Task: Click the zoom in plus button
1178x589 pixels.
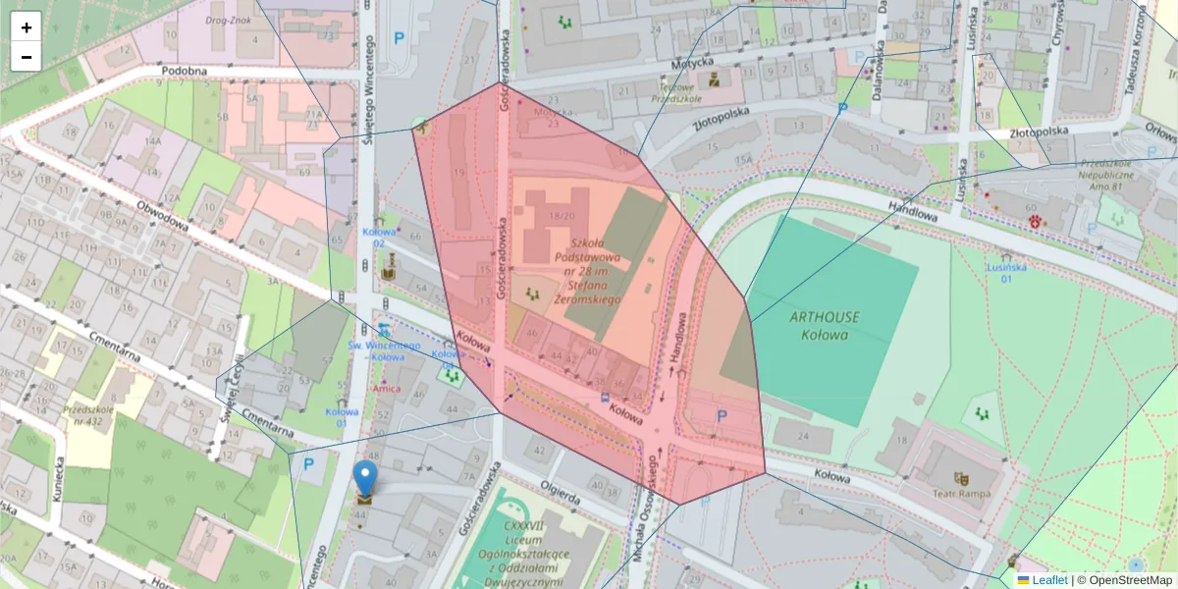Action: point(27,27)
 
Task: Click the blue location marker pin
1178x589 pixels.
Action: point(365,477)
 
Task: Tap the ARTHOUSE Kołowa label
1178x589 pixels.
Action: point(824,325)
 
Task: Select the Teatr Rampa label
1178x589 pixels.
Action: point(962,494)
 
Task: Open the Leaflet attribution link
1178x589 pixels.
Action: point(1048,580)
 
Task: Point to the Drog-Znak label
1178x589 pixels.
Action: point(229,19)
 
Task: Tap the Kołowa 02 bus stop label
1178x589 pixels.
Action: point(379,238)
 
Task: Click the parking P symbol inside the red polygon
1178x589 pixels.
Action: point(722,416)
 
